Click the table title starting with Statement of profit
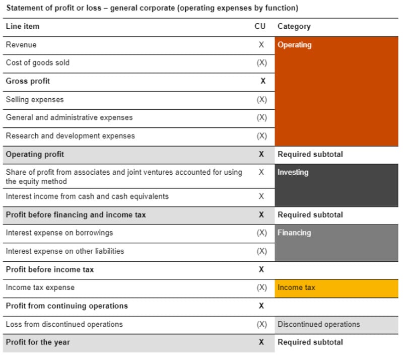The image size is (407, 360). (152, 8)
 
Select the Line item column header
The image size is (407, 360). (22, 26)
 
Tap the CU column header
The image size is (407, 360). (260, 26)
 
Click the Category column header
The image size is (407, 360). (294, 26)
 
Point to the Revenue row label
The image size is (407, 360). (21, 45)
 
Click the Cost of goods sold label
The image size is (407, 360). (38, 63)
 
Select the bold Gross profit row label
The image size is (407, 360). (28, 81)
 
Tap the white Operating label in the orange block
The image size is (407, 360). (295, 45)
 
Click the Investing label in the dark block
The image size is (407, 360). (293, 172)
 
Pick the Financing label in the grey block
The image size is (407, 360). (294, 233)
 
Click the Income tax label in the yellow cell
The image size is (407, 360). (296, 287)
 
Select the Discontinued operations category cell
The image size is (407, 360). (318, 324)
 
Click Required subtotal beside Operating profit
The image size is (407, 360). (310, 154)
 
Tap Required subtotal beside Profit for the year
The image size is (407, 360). (310, 342)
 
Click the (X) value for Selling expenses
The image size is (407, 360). (261, 100)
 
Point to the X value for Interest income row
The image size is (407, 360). (261, 196)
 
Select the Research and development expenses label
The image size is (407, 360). (70, 136)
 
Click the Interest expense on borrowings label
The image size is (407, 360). (59, 233)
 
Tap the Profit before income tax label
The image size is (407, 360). (50, 269)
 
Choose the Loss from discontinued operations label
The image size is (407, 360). (64, 324)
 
